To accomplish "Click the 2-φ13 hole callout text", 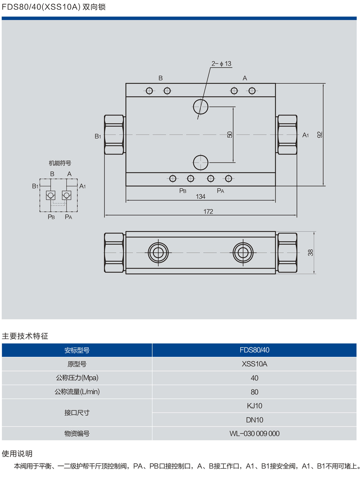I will tap(221, 64).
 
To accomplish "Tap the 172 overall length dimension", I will tap(208, 212).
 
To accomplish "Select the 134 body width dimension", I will tap(200, 196).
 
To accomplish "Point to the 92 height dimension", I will tap(320, 135).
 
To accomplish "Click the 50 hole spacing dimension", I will tap(230, 134).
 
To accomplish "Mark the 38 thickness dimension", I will tap(311, 253).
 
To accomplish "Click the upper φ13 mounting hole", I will tap(201, 107).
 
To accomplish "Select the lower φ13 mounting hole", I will tap(201, 163).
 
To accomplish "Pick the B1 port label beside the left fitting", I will tap(98, 136).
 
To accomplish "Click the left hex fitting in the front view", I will tap(114, 135).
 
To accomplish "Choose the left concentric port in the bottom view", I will tap(158, 253).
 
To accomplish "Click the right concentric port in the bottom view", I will tap(243, 253).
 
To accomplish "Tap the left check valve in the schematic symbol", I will tap(51, 195).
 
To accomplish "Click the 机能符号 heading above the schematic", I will tap(60, 163).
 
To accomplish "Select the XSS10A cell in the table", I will tap(254, 364).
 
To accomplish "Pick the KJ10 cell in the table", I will tap(254, 406).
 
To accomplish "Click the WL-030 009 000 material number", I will tap(254, 434).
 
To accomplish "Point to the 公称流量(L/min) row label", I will tap(77, 392).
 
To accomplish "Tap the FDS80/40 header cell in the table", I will tap(254, 350).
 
